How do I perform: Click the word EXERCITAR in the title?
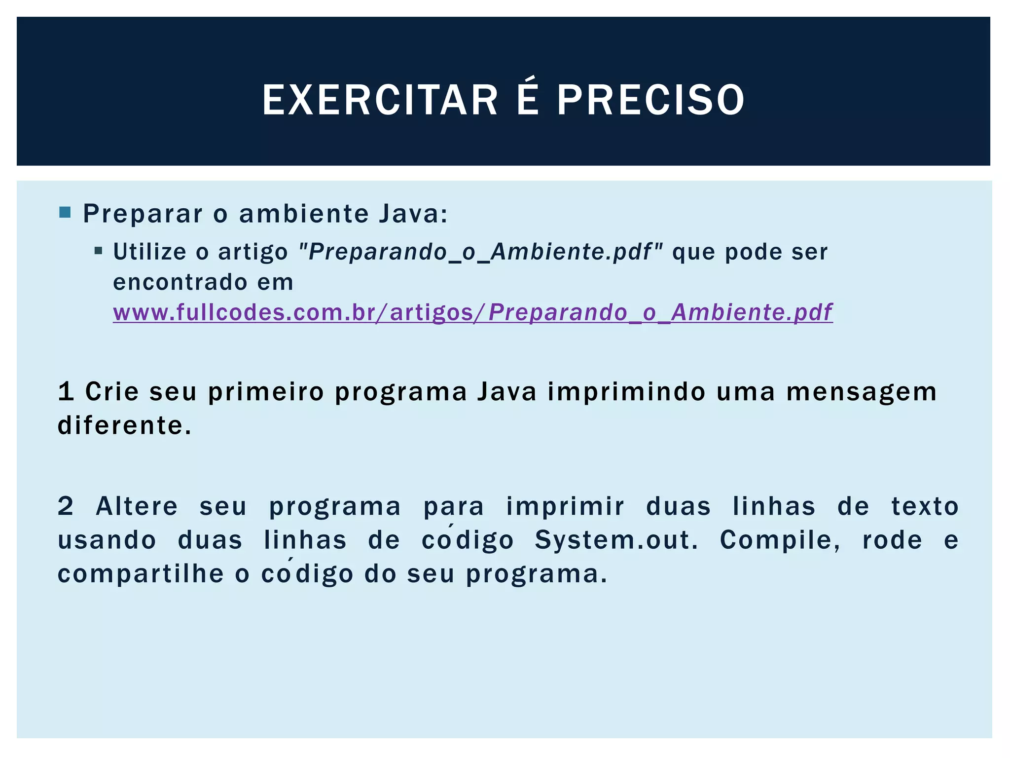pyautogui.click(x=380, y=100)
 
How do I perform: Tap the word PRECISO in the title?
pyautogui.click(x=651, y=100)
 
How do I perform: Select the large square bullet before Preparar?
pyautogui.click(x=65, y=213)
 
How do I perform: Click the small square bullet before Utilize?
pyautogui.click(x=98, y=251)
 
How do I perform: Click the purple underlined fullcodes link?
pyautogui.click(x=472, y=312)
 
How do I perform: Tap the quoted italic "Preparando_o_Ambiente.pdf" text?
pyautogui.click(x=481, y=252)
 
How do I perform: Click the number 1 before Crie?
pyautogui.click(x=66, y=392)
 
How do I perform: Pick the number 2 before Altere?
pyautogui.click(x=66, y=506)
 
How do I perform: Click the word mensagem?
pyautogui.click(x=861, y=392)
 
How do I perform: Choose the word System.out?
pyautogui.click(x=616, y=540)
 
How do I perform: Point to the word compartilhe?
pyautogui.click(x=141, y=573)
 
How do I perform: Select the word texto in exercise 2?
pyautogui.click(x=925, y=506)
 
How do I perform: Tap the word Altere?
pyautogui.click(x=137, y=506)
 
